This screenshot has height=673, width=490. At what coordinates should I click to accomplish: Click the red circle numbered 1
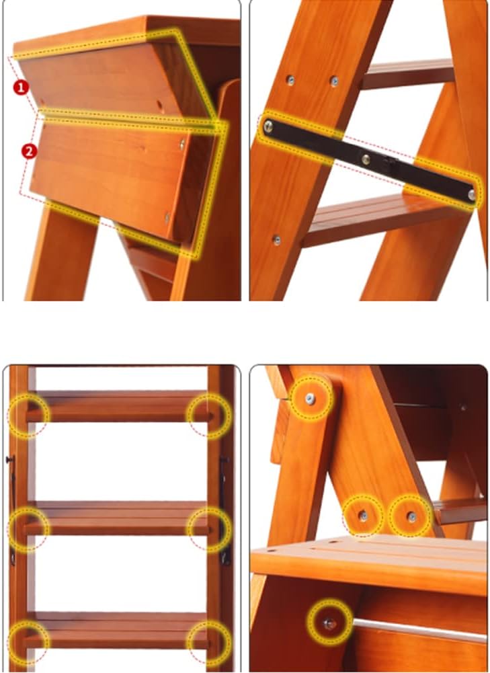point(22,87)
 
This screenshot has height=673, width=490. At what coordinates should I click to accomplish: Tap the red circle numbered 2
point(28,151)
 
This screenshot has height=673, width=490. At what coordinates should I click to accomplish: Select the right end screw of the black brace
point(472,194)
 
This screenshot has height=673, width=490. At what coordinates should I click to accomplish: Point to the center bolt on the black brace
point(365,159)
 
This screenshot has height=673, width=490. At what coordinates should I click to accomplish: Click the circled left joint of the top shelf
point(28,415)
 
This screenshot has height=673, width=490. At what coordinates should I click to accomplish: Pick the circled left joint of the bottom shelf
point(28,639)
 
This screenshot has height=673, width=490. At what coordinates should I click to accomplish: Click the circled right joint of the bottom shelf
point(210,640)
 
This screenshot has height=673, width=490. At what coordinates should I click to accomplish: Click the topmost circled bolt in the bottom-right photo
point(310,399)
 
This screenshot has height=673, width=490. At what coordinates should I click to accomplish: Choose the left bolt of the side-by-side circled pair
point(363,516)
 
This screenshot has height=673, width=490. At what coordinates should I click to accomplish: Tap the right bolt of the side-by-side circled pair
point(411,516)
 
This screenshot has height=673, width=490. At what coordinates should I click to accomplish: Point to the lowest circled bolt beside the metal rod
point(329,623)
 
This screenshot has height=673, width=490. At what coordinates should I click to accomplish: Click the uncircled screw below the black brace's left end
point(276,239)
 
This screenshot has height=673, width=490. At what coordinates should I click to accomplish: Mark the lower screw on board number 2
point(167,216)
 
